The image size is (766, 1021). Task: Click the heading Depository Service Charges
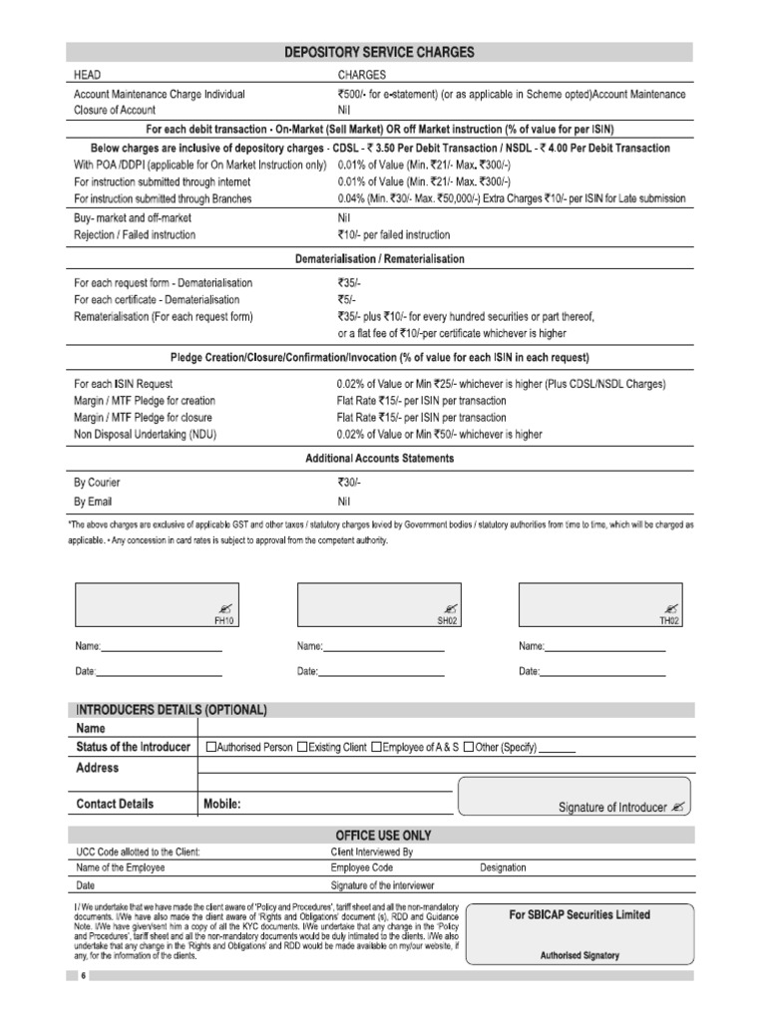[x=381, y=52]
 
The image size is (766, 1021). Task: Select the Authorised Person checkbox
[x=210, y=748]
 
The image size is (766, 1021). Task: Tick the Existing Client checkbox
[x=302, y=748]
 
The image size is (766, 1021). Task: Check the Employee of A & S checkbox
[x=376, y=748]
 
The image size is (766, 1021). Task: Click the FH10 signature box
[x=158, y=605]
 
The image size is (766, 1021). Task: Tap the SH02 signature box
[x=380, y=605]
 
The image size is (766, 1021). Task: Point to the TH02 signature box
[x=601, y=605]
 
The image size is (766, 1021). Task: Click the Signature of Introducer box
[x=573, y=797]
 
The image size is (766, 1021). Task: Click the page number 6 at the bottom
[x=84, y=975]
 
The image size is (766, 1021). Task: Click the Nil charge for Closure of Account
[x=345, y=110]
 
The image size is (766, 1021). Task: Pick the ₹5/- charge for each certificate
[x=348, y=299]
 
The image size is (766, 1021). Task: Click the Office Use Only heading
[x=380, y=835]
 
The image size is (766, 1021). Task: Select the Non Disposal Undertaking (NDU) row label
[x=145, y=434]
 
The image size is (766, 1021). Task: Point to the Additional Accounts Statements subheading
[x=379, y=458]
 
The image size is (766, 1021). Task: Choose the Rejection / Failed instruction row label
[x=135, y=234]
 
